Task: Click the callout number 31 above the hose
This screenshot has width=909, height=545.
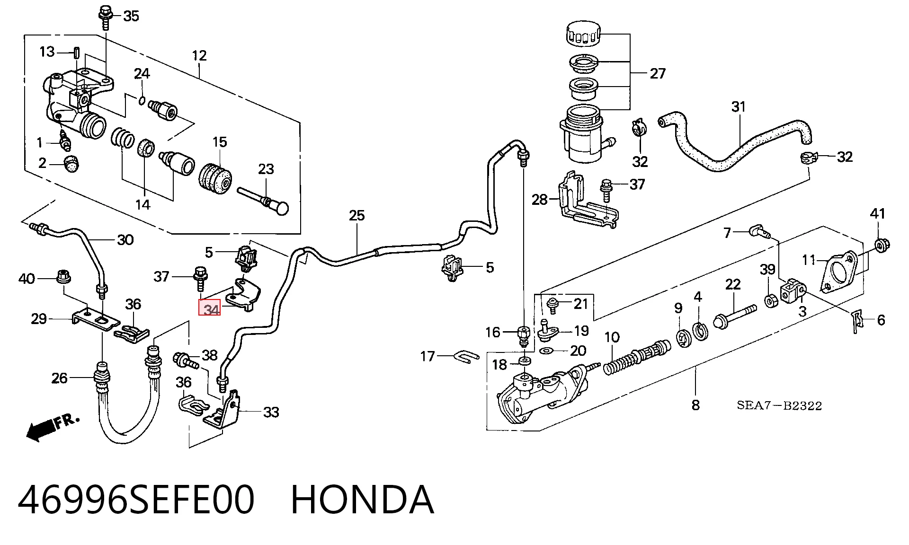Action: pos(739,107)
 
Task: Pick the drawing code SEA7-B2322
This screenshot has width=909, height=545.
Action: pos(779,406)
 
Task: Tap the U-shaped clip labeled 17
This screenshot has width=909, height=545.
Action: pos(466,357)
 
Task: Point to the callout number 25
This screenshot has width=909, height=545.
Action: pos(357,216)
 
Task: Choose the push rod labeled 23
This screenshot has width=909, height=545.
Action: pos(264,200)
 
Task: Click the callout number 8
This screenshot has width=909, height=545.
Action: pos(695,405)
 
